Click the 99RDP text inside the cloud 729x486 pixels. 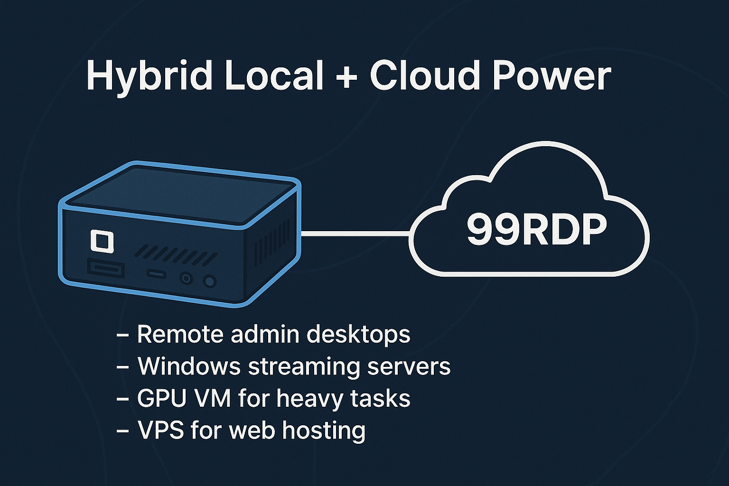[x=536, y=230]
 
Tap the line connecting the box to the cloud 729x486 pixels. [x=356, y=233]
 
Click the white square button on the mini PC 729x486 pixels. [x=102, y=241]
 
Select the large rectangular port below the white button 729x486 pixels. [x=106, y=270]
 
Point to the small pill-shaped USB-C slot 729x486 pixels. [x=156, y=274]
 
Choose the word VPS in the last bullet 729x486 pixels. [x=160, y=430]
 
